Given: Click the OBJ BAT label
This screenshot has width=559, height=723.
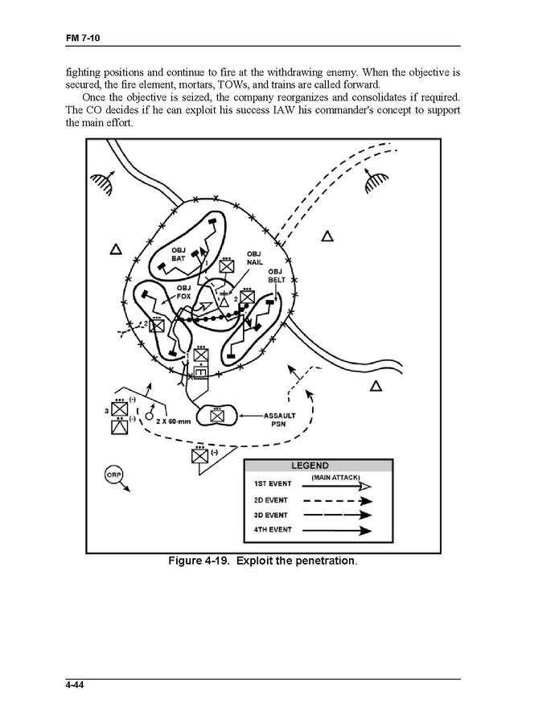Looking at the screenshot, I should tap(179, 255).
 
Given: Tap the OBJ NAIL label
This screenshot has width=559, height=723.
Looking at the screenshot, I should tap(255, 258).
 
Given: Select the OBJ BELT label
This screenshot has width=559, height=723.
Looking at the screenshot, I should tap(277, 275).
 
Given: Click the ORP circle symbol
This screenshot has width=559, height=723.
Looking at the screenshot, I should tap(113, 475).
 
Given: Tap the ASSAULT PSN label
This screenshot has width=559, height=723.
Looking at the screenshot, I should tap(280, 419).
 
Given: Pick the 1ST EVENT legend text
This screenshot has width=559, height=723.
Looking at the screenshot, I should tap(273, 484).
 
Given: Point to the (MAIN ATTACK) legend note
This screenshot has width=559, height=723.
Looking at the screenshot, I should tap(335, 478).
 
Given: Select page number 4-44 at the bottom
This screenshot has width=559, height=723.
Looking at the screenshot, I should tap(77, 686).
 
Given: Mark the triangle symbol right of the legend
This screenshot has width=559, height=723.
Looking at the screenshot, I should tap(375, 386).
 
